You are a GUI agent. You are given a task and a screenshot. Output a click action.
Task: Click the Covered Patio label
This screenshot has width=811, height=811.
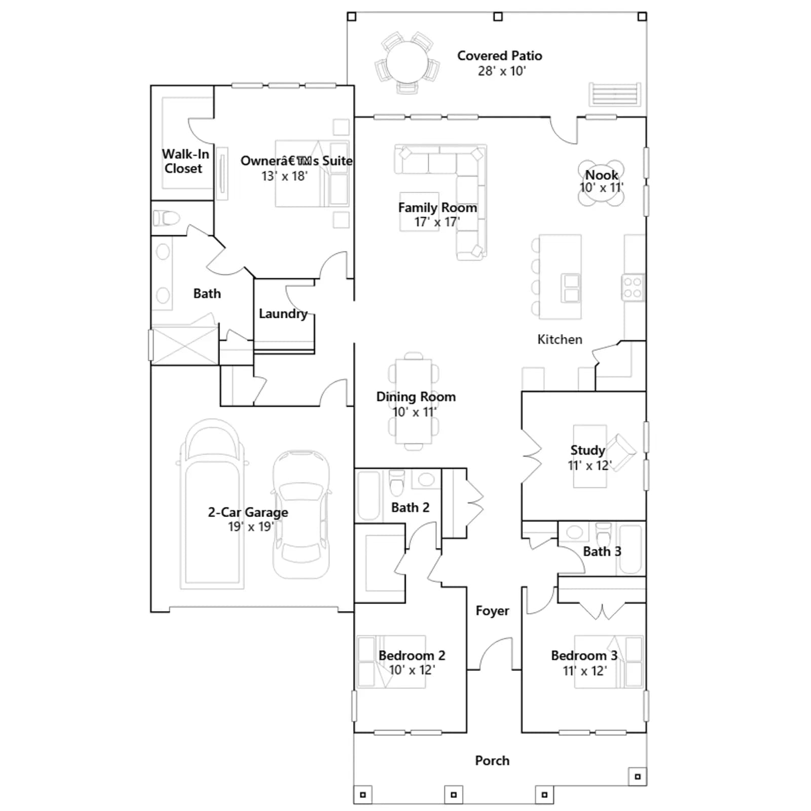click(x=499, y=56)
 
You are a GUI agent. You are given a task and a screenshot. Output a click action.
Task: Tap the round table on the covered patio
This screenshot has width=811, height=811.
click(x=407, y=62)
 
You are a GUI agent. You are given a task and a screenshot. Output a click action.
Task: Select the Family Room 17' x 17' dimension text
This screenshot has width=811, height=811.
click(x=437, y=222)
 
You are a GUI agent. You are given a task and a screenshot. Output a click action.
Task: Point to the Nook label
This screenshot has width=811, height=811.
click(x=602, y=175)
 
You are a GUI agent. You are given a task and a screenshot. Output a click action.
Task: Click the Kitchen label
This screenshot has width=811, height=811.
click(x=560, y=340)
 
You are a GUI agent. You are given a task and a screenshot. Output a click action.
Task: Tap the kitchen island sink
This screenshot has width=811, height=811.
click(x=571, y=288)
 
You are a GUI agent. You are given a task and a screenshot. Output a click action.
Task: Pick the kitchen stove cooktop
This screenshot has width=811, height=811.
click(x=633, y=287)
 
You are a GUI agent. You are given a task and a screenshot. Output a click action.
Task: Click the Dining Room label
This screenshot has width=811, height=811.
click(x=416, y=397)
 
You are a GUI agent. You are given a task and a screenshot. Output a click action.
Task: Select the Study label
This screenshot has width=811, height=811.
click(x=587, y=450)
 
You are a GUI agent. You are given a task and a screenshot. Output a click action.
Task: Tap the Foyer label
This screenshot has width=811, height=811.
click(x=492, y=611)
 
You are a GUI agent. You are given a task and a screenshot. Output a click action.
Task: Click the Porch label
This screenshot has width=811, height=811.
click(x=492, y=760)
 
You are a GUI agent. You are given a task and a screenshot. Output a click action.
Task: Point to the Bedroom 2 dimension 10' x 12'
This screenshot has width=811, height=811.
click(x=412, y=670)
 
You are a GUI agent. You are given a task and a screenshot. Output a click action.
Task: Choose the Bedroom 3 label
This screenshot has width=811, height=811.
click(x=584, y=655)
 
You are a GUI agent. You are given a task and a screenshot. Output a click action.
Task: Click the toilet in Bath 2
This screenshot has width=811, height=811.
click(x=397, y=482)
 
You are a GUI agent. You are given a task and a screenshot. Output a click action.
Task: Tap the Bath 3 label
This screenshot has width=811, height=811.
click(x=602, y=551)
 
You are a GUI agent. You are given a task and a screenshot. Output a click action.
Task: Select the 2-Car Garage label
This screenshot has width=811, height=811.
click(x=248, y=512)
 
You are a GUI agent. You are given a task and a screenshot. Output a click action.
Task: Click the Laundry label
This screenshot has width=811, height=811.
click(x=283, y=314)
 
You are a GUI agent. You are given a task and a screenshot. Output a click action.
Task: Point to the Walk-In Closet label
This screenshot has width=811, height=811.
click(x=185, y=161)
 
